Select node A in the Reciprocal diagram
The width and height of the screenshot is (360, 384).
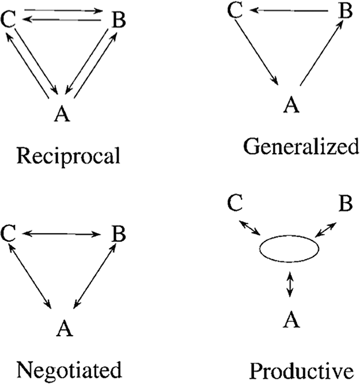(x=63, y=114)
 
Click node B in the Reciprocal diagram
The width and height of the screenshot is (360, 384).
(x=119, y=21)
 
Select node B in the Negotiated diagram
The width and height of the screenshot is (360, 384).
(x=119, y=234)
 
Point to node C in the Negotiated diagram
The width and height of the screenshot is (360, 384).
(x=8, y=234)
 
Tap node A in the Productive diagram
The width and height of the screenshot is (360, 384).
(x=291, y=318)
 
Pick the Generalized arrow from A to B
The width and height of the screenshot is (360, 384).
(x=320, y=53)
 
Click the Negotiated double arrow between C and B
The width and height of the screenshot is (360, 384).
(x=63, y=234)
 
